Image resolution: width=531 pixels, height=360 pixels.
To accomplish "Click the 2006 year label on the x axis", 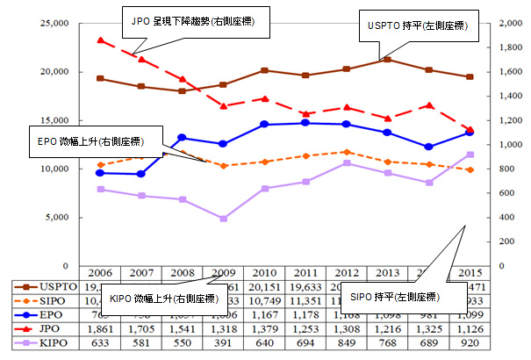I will point(101,273).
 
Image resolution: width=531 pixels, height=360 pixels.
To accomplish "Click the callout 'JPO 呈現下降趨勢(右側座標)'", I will point(194,19).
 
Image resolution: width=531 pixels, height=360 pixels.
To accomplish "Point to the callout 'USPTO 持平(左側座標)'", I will point(416,26).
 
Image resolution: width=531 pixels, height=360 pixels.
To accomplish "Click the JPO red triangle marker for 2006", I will point(101,40).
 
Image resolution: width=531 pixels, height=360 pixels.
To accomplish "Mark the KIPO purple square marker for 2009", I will point(224,218).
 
